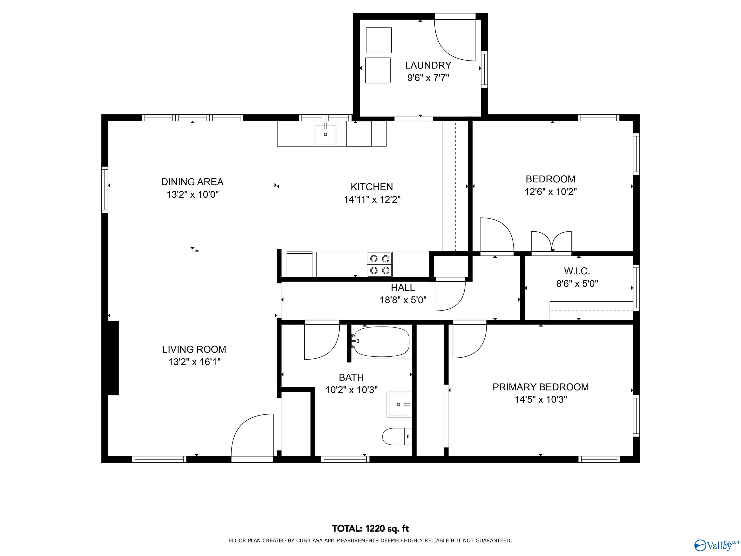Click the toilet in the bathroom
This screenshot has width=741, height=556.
[397, 436]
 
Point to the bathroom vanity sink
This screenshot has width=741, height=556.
[399, 404]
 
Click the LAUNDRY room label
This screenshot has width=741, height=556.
[428, 65]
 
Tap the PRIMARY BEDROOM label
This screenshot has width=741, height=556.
[540, 387]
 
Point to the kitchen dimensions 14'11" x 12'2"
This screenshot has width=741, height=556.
[372, 199]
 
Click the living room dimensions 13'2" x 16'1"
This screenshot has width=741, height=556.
[194, 362]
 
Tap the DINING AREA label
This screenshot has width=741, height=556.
[192, 182]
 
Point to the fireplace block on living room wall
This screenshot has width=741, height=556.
[113, 358]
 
